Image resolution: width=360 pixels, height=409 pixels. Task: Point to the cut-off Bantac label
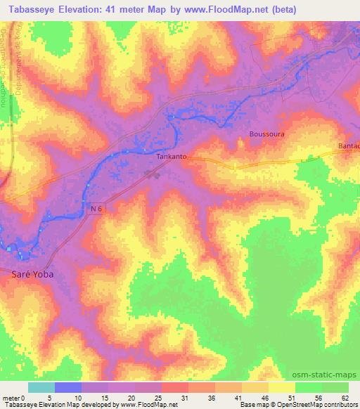348,145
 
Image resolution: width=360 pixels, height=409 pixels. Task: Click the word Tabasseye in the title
34,10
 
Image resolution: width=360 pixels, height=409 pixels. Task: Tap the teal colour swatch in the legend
41,387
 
